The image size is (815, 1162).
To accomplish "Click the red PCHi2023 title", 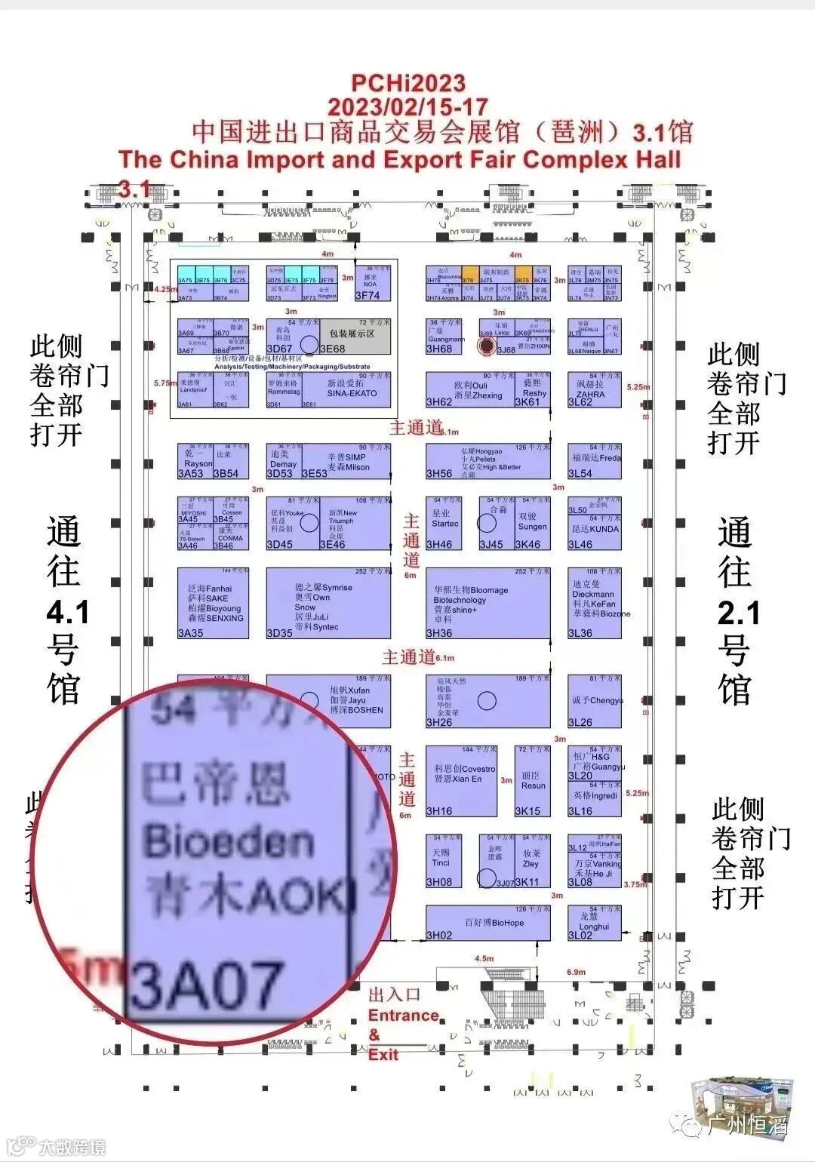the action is pyautogui.click(x=408, y=82).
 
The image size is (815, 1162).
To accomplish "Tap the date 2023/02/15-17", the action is pyautogui.click(x=407, y=106).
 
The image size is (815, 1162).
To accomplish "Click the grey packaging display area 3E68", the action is pyautogui.click(x=352, y=336).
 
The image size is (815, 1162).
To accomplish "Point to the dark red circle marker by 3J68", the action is pyautogui.click(x=487, y=346).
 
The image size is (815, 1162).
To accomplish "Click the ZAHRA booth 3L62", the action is pyautogui.click(x=594, y=390).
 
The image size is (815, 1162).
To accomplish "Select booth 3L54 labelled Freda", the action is pyautogui.click(x=595, y=461).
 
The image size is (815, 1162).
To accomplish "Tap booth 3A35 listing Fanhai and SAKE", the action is pyautogui.click(x=214, y=603).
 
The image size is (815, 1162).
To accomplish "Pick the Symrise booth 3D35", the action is pyautogui.click(x=328, y=603).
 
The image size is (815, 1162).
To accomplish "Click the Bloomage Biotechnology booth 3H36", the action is pyautogui.click(x=487, y=603).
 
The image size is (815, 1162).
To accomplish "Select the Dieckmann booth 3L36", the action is pyautogui.click(x=595, y=603).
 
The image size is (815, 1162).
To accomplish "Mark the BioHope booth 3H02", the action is pyautogui.click(x=487, y=923).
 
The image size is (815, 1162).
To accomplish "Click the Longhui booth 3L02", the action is pyautogui.click(x=594, y=923).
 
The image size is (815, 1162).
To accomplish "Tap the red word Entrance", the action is pyautogui.click(x=403, y=1015).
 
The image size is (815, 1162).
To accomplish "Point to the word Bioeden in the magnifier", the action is pyautogui.click(x=228, y=841).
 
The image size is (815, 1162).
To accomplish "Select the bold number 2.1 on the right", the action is pyautogui.click(x=738, y=613).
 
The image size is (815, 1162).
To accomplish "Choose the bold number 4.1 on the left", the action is pyautogui.click(x=68, y=613).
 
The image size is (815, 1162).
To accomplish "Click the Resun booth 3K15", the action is pyautogui.click(x=532, y=781).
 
